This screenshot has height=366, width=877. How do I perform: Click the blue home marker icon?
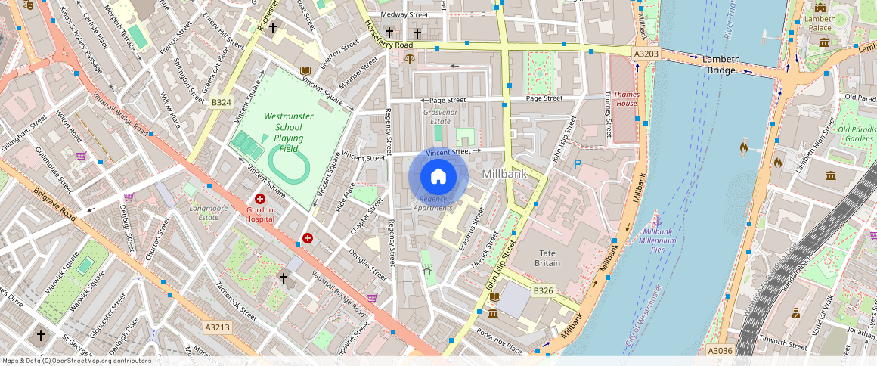tap(438, 176)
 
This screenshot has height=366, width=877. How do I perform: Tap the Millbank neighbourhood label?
tap(504, 174)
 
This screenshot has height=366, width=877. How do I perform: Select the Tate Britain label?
tap(547, 258)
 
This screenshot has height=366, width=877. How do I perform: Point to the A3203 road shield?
tap(646, 54)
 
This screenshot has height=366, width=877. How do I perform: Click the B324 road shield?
tap(221, 102)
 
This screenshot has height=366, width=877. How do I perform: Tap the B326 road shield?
tap(543, 290)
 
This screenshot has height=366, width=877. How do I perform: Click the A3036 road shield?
tap(721, 351)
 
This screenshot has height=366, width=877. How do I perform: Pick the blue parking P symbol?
tap(578, 164)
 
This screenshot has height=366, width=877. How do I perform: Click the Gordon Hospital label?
tap(260, 213)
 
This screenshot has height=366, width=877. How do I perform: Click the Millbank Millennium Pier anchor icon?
tap(657, 220)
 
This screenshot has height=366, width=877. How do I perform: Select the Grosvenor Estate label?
tap(440, 116)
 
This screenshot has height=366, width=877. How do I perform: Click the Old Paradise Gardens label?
tap(857, 134)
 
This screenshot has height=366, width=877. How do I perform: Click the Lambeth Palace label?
tap(820, 23)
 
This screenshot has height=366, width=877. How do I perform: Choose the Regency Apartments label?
tap(434, 203)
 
